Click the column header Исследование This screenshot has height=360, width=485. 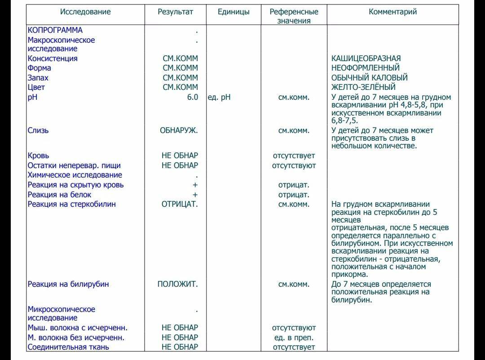click(85, 12)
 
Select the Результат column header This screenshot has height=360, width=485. click(175, 12)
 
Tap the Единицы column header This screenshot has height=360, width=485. click(234, 12)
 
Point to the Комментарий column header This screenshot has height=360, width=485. click(392, 12)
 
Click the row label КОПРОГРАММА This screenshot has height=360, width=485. click(55, 31)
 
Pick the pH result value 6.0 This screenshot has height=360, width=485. click(193, 97)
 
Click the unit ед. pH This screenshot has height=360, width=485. click(219, 97)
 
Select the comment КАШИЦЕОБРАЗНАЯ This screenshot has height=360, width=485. click(366, 58)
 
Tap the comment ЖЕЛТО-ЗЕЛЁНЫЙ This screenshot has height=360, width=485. click(363, 87)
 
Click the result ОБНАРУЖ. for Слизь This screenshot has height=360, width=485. click(179, 131)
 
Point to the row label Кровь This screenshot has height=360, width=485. click(39, 156)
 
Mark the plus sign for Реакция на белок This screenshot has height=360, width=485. click(195, 195)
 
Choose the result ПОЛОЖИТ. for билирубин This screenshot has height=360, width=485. click(177, 284)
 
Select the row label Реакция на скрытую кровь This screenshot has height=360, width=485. click(75, 185)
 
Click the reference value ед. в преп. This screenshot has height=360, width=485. click(294, 338)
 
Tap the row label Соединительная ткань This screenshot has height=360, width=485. click(68, 347)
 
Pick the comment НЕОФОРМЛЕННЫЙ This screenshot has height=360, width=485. click(365, 68)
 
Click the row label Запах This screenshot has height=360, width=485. click(38, 78)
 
